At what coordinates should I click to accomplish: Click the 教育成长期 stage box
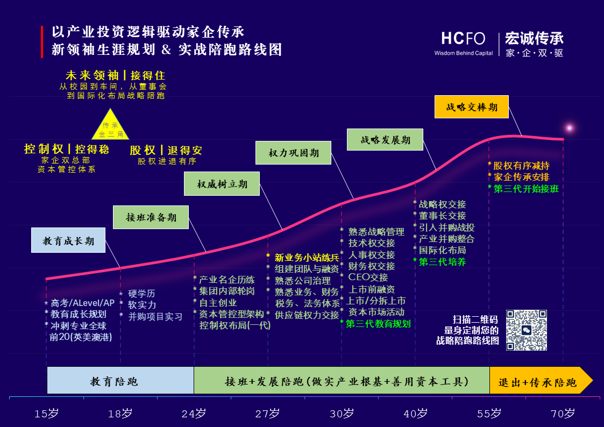pos(68,241)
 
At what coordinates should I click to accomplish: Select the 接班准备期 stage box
pos(151,217)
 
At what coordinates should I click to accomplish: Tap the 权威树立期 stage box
pos(222,184)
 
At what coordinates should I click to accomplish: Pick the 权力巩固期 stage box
pos(294,153)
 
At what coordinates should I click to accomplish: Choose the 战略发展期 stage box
pos(385,140)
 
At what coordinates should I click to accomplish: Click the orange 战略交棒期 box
pos(471,106)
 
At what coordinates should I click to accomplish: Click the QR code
pos(526,330)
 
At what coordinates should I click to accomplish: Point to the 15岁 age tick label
pos(46,414)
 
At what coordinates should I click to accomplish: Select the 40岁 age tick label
pos(415,414)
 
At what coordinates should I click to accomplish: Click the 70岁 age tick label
pos(563,414)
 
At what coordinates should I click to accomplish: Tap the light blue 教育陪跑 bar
pos(120,381)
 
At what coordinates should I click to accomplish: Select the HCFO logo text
pos(463,39)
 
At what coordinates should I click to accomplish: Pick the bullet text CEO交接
pos(368,277)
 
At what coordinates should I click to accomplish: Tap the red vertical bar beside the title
pos(42,41)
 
